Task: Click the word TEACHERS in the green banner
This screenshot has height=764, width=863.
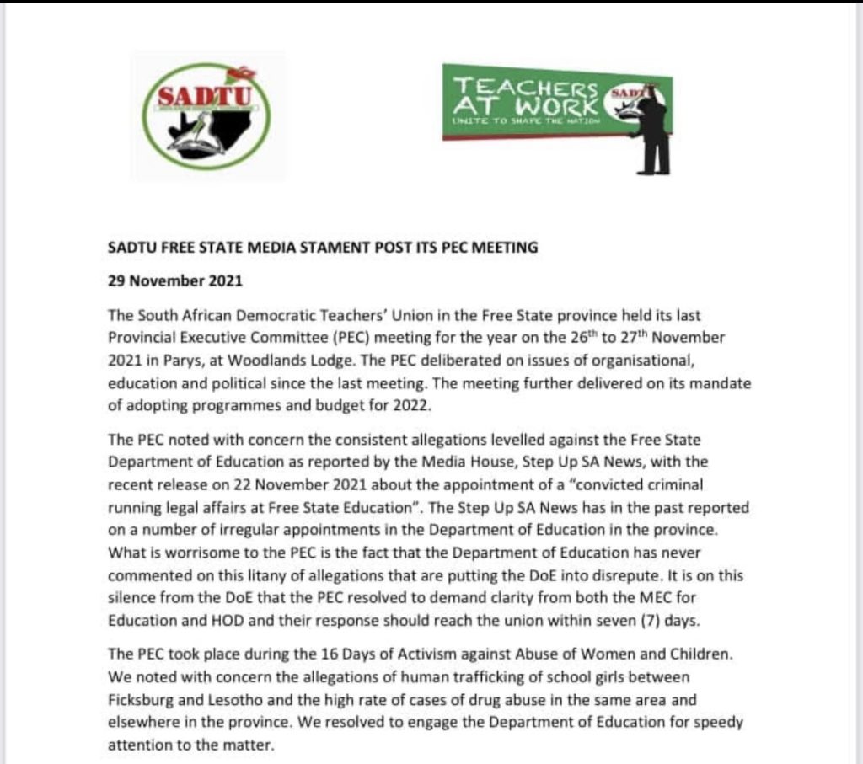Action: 526,88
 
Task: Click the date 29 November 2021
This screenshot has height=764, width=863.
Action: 174,280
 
